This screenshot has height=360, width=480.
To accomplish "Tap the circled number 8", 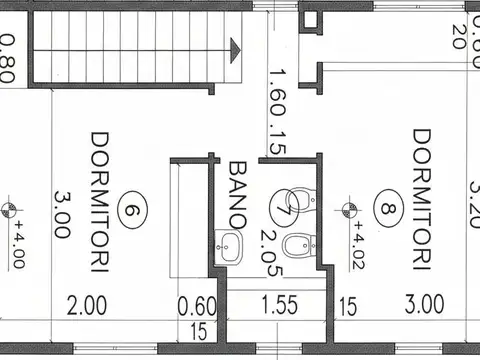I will (387, 210).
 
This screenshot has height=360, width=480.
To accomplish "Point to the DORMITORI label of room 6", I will (98, 200).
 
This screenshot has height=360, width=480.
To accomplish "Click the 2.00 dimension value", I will (87, 304).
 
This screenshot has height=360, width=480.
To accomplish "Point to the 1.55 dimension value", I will (278, 304).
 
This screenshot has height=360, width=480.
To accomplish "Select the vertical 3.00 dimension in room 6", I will (62, 214).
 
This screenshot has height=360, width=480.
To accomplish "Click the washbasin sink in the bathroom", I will (230, 246).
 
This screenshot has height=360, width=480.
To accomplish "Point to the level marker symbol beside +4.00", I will (10, 209).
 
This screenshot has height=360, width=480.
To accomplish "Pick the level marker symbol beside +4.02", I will (350, 209).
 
